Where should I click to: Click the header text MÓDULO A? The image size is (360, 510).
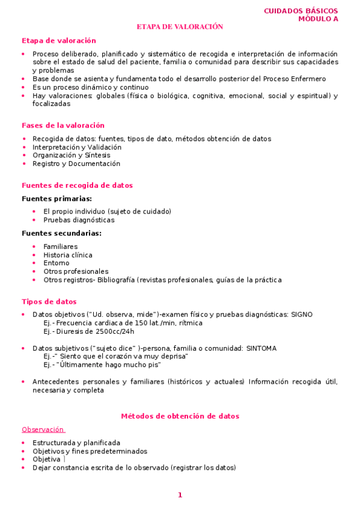tap(318, 19)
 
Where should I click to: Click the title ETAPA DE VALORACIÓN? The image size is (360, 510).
tap(180, 27)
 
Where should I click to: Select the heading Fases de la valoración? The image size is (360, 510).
tap(63, 126)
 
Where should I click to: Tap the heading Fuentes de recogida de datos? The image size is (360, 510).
tap(77, 185)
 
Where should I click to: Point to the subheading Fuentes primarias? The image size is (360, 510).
tap(56, 198)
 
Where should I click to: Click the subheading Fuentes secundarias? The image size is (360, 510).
tap(61, 233)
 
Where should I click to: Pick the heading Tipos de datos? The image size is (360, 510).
tap(49, 302)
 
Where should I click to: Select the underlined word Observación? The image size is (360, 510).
tap(43, 429)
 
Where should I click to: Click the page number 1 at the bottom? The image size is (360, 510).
tap(180, 495)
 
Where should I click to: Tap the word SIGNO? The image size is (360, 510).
tap(302, 315)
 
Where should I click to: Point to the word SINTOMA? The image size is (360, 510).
tap(261, 348)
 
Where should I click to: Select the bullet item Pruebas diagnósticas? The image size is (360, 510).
tap(79, 220)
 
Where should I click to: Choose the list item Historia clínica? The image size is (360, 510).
tap(68, 255)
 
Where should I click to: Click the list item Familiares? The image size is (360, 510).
tap(60, 247)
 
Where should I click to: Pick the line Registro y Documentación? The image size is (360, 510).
tap(76, 164)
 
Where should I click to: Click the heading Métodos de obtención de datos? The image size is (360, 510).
tap(180, 416)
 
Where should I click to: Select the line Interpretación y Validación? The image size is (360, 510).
tap(77, 147)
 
